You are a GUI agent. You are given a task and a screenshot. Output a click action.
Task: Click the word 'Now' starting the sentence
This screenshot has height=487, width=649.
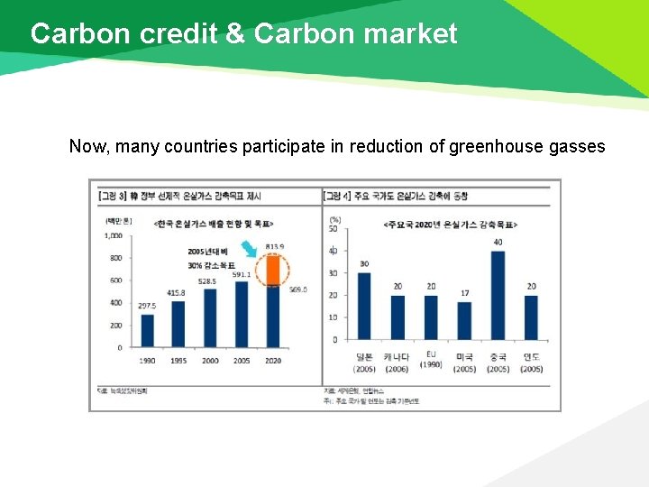click(x=88, y=146)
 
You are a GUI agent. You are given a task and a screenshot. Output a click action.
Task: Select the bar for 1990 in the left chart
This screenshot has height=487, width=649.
click(x=147, y=330)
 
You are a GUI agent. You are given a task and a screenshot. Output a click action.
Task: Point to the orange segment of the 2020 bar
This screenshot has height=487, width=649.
click(x=272, y=270)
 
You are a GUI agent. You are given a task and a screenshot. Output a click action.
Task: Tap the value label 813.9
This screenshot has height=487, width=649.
click(x=274, y=246)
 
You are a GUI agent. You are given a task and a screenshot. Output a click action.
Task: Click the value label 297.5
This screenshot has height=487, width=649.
click(x=146, y=307)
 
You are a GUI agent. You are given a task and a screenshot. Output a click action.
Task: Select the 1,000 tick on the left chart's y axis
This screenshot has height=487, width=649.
click(x=113, y=235)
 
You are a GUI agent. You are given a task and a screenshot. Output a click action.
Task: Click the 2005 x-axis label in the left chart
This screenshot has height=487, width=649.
click(x=241, y=361)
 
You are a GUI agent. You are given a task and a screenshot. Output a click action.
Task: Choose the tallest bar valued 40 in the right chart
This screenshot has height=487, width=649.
click(x=498, y=295)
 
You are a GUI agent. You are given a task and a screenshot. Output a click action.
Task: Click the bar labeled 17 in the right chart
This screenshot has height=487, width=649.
click(x=464, y=320)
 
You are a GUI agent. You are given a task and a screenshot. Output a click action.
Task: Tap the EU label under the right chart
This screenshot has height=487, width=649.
click(x=431, y=354)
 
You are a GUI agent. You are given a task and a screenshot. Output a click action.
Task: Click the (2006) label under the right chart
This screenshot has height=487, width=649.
click(x=397, y=369)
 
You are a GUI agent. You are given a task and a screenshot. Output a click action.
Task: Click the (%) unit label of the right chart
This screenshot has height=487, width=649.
click(x=334, y=218)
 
